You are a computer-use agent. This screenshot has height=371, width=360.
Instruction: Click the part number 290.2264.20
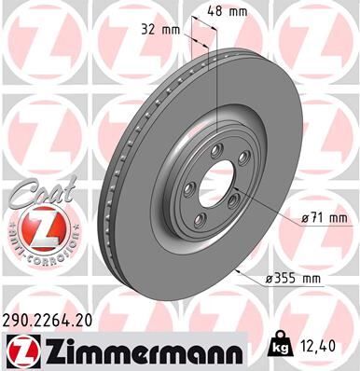55,319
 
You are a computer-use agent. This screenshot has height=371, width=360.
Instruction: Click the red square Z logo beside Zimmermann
21,350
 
